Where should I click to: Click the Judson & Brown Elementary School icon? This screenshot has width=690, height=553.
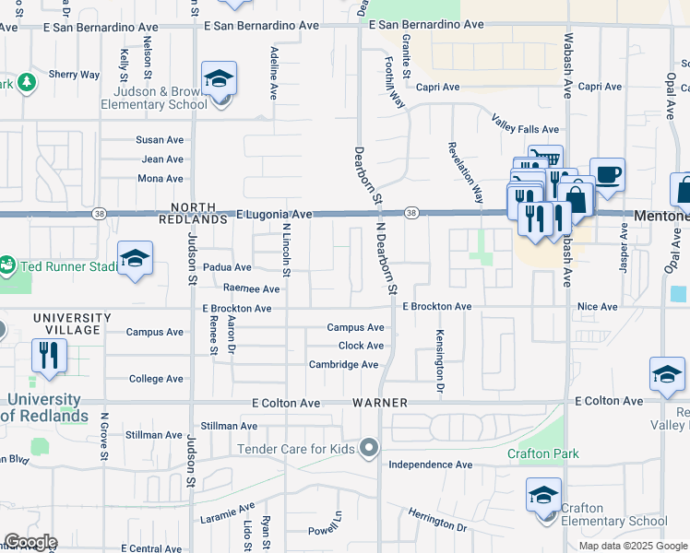tap(219, 79)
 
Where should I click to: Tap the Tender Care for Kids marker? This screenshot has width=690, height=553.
tap(369, 449)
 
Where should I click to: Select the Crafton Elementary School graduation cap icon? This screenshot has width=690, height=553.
tap(543, 496)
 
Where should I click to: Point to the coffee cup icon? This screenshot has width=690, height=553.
tap(607, 175)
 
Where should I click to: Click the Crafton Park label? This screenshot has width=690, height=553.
tap(543, 453)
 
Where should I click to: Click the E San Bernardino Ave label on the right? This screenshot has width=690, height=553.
tap(426, 25)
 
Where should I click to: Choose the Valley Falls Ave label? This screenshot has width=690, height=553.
tap(526, 130)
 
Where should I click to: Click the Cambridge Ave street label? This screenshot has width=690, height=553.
tap(343, 365)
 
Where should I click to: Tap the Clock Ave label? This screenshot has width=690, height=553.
tap(361, 346)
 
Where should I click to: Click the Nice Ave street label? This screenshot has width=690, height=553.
tap(597, 306)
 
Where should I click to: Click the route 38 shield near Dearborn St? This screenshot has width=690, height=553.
tap(411, 213)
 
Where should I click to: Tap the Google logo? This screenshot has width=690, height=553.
tap(30, 542)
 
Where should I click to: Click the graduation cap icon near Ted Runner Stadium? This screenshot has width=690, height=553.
tap(135, 259)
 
